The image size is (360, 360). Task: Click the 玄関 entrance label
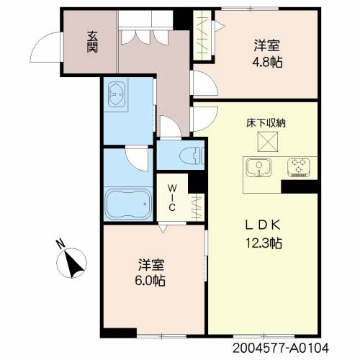point(92,42)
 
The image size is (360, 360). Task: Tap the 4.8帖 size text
point(267,63)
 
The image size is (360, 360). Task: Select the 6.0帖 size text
point(150,280)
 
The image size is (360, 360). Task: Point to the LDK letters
point(263,225)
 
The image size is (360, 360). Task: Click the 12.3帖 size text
point(264,243)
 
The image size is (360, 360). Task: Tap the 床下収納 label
point(266,123)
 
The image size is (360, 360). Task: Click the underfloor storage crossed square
point(268,142)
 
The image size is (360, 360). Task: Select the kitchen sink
point(259,167)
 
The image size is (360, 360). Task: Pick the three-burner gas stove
point(299,168)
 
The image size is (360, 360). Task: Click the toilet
point(192,156)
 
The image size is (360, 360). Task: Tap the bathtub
point(128,204)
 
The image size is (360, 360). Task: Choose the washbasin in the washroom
point(117,94)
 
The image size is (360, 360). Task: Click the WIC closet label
point(172,198)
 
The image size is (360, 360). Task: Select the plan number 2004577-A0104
point(281,348)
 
